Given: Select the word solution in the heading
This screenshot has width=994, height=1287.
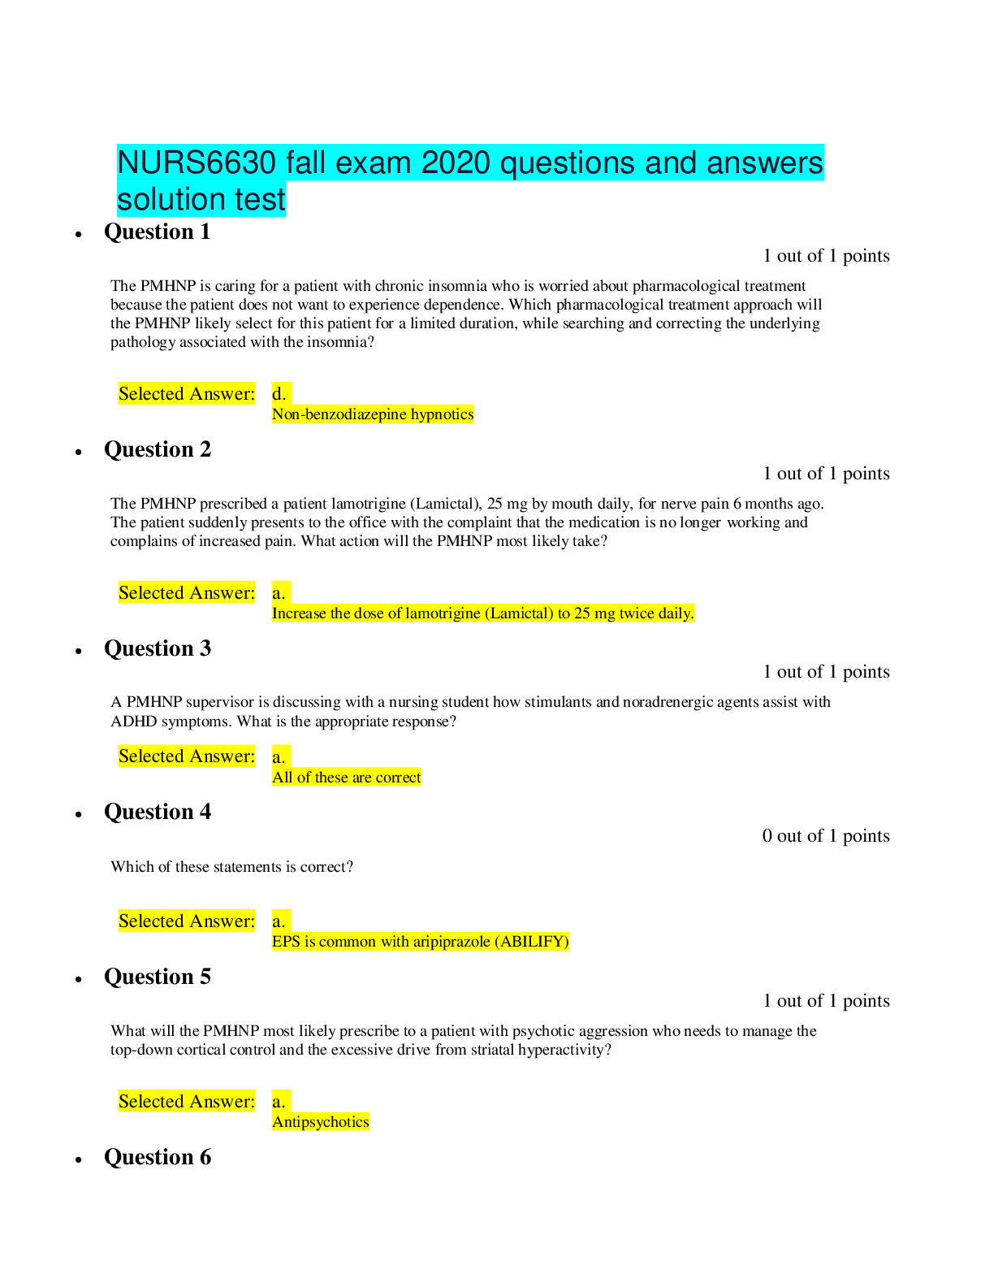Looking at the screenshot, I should tap(170, 200).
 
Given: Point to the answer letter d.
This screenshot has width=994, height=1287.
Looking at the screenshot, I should tap(279, 394).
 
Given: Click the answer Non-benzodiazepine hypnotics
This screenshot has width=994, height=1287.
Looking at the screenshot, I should tap(373, 414).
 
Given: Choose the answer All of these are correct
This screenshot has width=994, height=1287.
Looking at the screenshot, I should tap(347, 778).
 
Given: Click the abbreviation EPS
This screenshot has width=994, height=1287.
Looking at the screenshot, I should tap(286, 942).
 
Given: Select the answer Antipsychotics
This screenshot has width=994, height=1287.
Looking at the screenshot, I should tap(321, 1122).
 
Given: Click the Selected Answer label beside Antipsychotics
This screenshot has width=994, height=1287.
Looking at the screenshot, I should tap(187, 1102).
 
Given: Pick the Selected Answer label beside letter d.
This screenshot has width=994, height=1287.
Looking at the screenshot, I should tap(187, 394).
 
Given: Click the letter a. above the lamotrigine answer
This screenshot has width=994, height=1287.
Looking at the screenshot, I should tap(279, 593).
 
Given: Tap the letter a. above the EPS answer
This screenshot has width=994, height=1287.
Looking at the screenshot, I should tap(279, 921).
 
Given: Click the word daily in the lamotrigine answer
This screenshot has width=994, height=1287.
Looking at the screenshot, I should tap(676, 613).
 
